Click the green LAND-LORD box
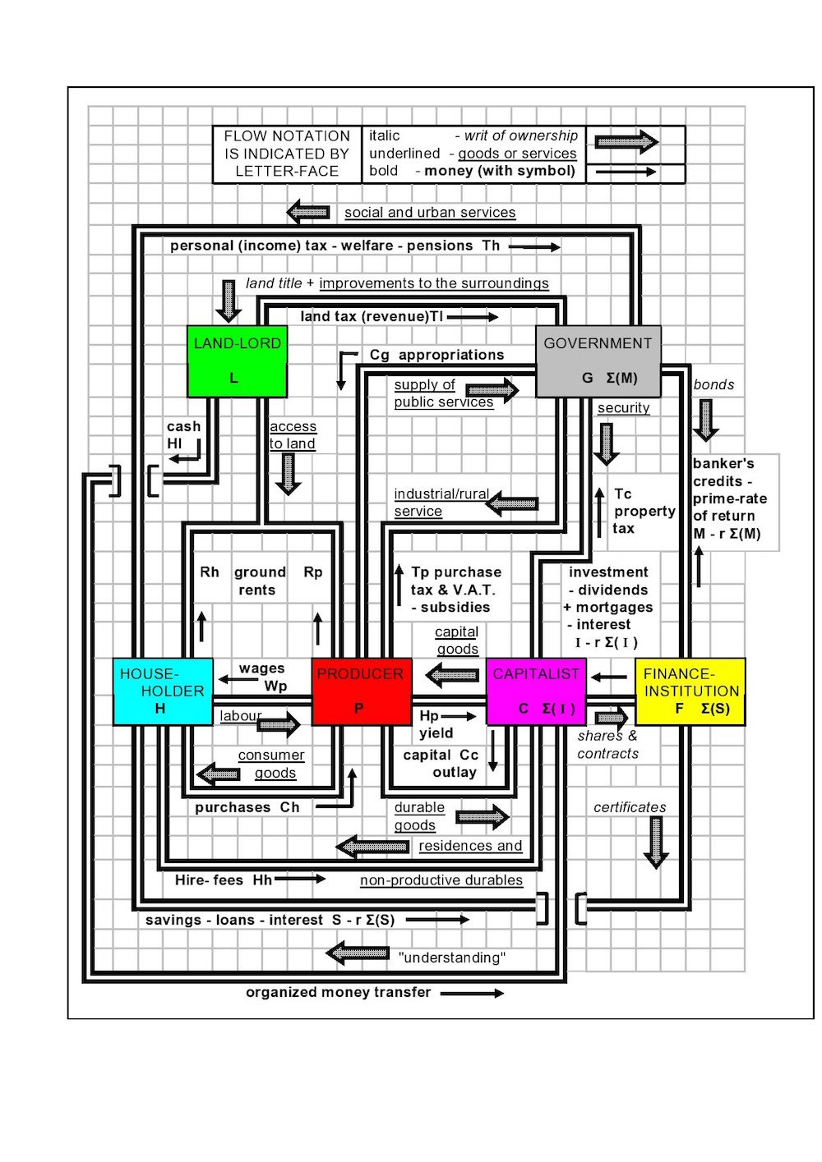(237, 361)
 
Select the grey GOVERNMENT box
(598, 361)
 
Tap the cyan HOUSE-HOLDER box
(163, 691)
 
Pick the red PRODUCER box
(362, 691)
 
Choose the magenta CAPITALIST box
(536, 691)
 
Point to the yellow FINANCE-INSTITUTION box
(690, 691)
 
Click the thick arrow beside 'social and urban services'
(308, 212)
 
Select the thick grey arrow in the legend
(626, 141)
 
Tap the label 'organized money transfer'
(338, 992)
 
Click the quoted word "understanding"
(452, 958)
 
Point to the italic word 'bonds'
(713, 384)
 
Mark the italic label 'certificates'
(630, 807)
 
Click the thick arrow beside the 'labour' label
(279, 724)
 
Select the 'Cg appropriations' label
(436, 355)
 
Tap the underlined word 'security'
(623, 408)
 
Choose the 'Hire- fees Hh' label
(224, 880)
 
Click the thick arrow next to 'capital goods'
(452, 675)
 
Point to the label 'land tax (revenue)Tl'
(372, 316)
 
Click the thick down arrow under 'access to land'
(289, 474)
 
